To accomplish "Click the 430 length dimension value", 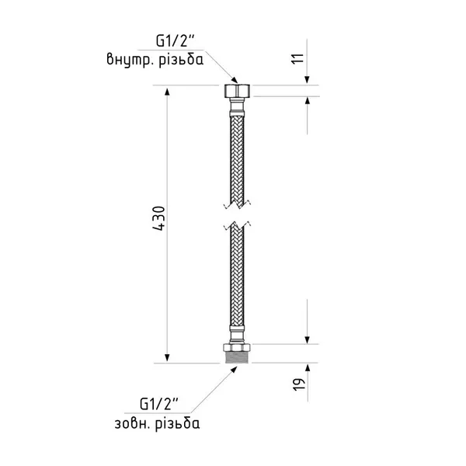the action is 159,218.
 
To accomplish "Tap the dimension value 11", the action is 298,58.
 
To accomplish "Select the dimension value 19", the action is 299,384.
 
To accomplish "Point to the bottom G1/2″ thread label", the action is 159,405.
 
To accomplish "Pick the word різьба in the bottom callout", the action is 177,423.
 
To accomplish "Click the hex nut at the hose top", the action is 237,91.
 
